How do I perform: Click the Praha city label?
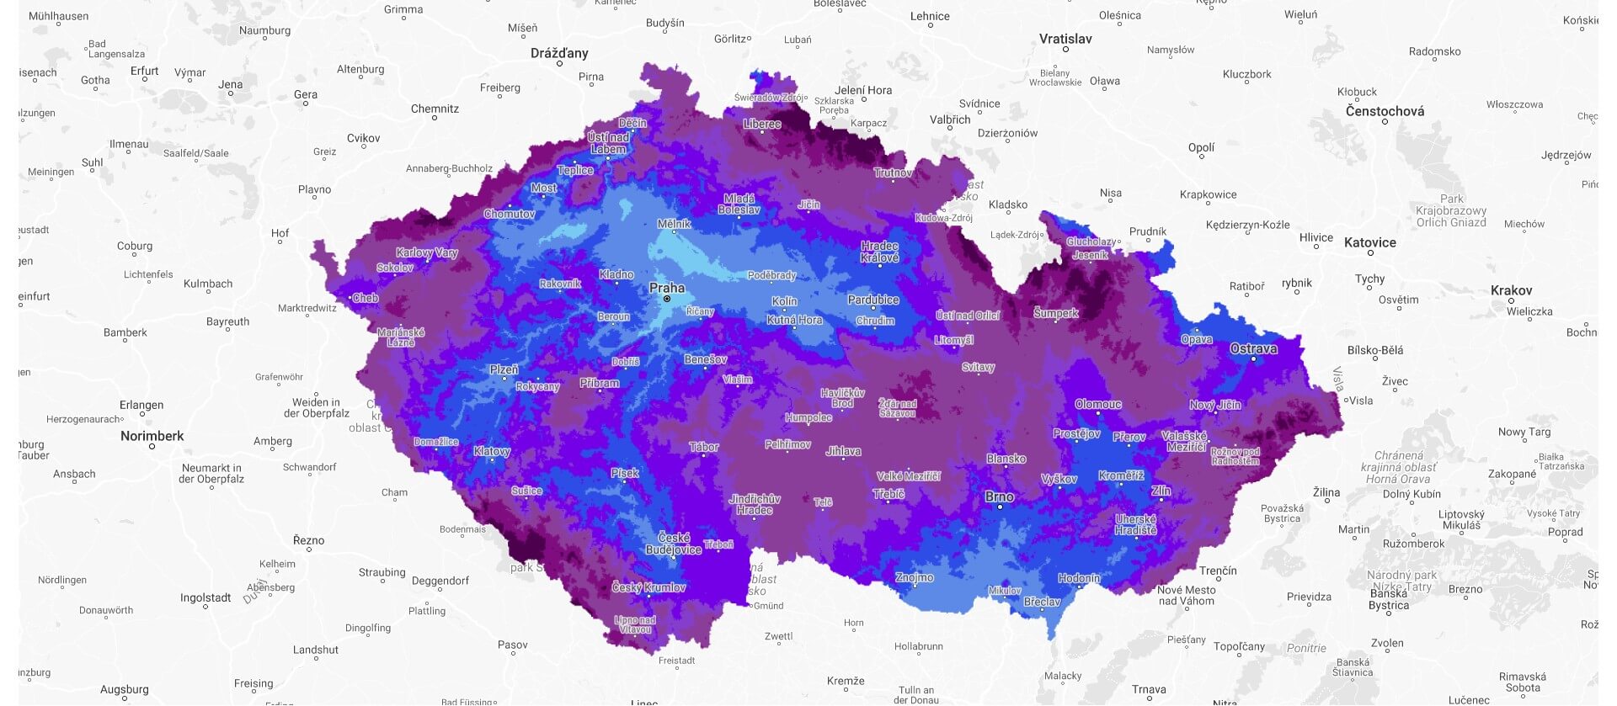pyautogui.click(x=666, y=288)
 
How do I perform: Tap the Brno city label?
pyautogui.click(x=1000, y=496)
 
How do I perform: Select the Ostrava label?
pyautogui.click(x=1253, y=348)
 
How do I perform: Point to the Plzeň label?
pyautogui.click(x=504, y=369)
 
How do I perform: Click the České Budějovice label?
pyautogui.click(x=673, y=544)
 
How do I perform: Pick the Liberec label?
pyautogui.click(x=762, y=124)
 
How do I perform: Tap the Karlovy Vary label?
pyautogui.click(x=427, y=252)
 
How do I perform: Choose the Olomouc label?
pyautogui.click(x=1098, y=404)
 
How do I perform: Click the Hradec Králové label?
pyautogui.click(x=879, y=252)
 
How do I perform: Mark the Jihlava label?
pyautogui.click(x=843, y=451)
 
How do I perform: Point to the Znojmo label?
pyautogui.click(x=915, y=577)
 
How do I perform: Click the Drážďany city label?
pyautogui.click(x=559, y=53)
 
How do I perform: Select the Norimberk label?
pyautogui.click(x=152, y=436)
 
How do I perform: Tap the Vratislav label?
pyautogui.click(x=1065, y=39)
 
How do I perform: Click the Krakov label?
pyautogui.click(x=1511, y=290)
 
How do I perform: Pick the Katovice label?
pyautogui.click(x=1369, y=242)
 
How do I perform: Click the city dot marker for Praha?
pyautogui.click(x=667, y=299)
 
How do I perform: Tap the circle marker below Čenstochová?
pyautogui.click(x=1385, y=122)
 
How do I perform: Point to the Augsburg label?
pyautogui.click(x=124, y=689)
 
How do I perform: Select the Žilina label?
pyautogui.click(x=1326, y=491)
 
